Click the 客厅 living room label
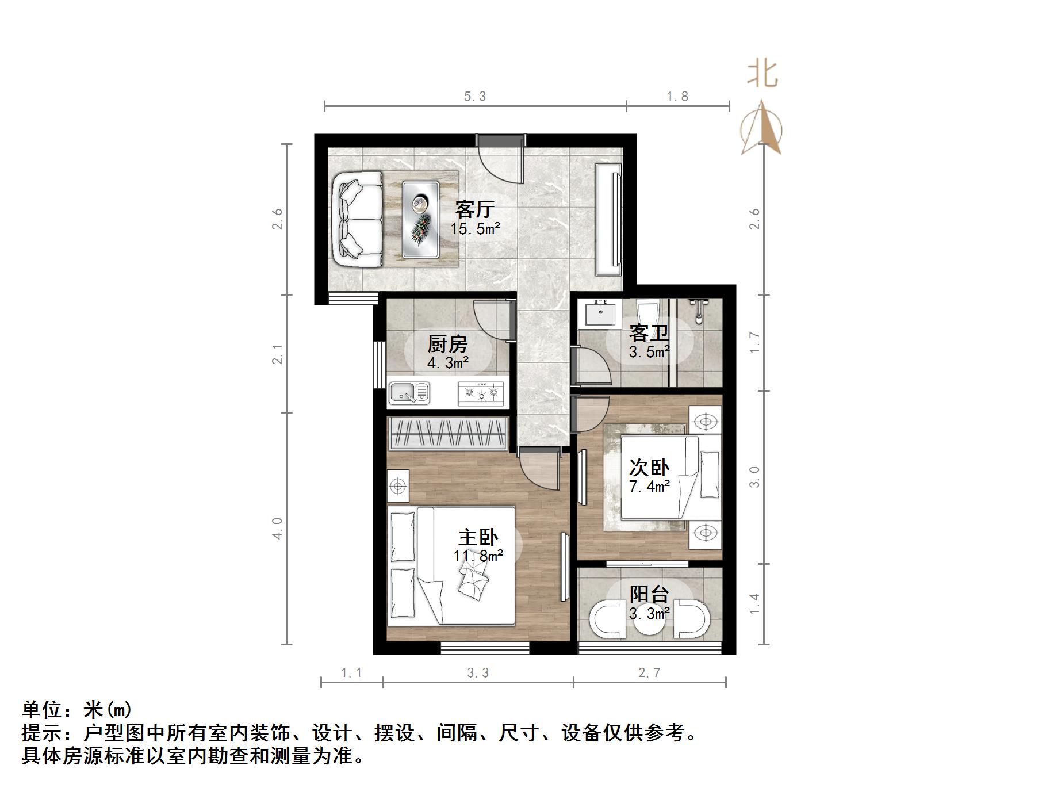474,209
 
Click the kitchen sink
409,393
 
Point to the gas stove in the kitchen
481,393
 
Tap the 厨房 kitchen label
447,345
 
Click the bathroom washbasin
600,313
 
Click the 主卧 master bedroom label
477,538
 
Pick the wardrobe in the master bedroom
447,432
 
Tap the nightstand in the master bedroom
398,487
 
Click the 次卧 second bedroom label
649,468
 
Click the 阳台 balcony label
649,594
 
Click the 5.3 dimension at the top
475,97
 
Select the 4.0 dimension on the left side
277,528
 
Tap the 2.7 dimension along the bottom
649,672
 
